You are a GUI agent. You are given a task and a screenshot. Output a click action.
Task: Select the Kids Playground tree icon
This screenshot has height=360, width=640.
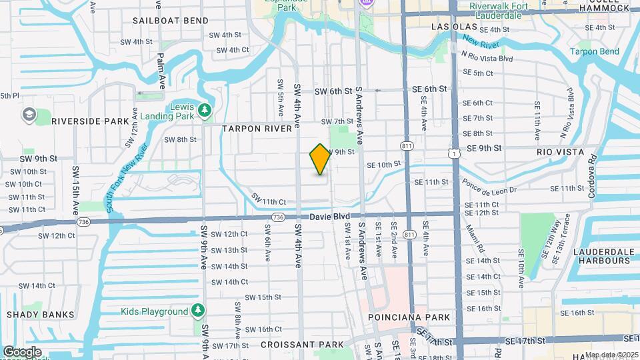pos(197,311)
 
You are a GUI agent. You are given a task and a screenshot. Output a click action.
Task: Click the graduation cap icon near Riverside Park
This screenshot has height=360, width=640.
pos(29,115)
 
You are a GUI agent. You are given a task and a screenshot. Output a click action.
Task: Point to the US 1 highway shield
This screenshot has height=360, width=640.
pos(453,153)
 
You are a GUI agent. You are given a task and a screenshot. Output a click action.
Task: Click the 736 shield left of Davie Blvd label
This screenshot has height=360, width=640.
pos(279,217)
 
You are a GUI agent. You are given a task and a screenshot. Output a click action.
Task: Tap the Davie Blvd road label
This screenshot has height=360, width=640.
pos(329,217)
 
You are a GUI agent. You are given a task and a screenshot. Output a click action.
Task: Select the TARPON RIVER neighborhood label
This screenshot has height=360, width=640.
pos(257,128)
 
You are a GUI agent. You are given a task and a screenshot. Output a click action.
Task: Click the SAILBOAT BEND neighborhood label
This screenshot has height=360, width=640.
pos(170,21)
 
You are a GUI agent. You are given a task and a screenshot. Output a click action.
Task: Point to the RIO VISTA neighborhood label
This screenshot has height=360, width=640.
pos(560,152)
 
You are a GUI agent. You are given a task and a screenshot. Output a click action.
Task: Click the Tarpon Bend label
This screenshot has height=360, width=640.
pos(595,51)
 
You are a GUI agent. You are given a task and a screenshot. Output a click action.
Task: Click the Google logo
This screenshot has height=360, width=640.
pos(22,351)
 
